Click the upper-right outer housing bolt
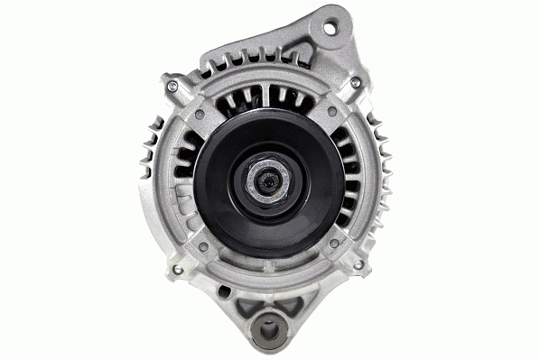[356, 83]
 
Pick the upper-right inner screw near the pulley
[333, 112]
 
